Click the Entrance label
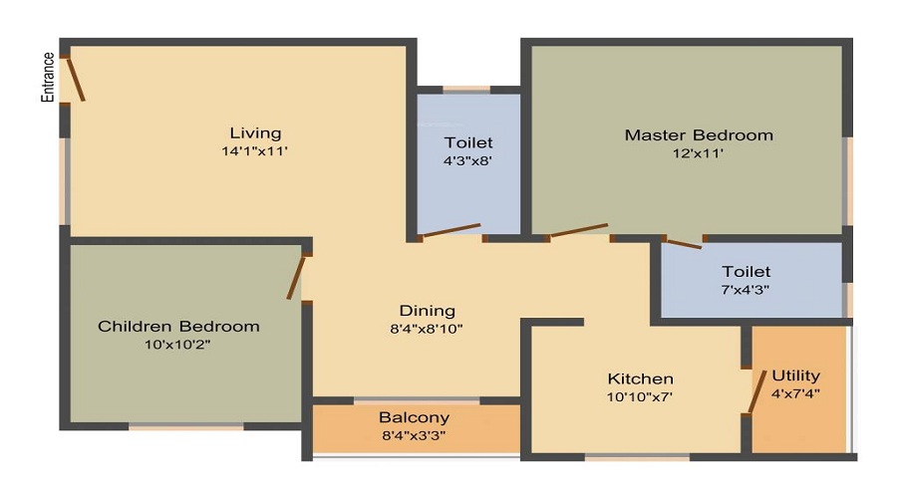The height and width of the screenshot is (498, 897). tap(48, 77)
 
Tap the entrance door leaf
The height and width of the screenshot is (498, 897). tap(76, 79)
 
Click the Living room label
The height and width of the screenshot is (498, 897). tap(256, 133)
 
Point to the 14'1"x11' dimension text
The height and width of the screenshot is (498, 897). tap(254, 151)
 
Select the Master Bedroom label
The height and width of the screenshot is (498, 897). tap(699, 135)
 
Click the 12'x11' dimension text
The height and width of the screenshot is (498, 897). tap(698, 153)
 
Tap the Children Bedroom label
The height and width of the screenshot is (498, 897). tap(178, 327)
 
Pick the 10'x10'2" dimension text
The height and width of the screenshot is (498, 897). tap(178, 345)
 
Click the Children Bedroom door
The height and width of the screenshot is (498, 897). tap(296, 277)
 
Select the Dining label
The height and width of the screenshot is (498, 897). tap(428, 311)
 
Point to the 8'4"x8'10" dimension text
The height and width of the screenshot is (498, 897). tap(427, 330)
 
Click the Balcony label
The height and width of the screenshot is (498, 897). tap(415, 417)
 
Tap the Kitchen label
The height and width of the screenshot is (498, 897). tap(640, 378)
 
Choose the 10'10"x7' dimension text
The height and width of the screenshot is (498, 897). tap(640, 396)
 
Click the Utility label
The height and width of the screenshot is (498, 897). tap(795, 375)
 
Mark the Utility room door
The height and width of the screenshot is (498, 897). tap(757, 392)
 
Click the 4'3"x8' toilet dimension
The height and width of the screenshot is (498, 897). tap(468, 160)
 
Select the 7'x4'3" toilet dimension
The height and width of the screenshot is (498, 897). tap(746, 289)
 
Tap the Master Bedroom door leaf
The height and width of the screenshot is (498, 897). tap(578, 230)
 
